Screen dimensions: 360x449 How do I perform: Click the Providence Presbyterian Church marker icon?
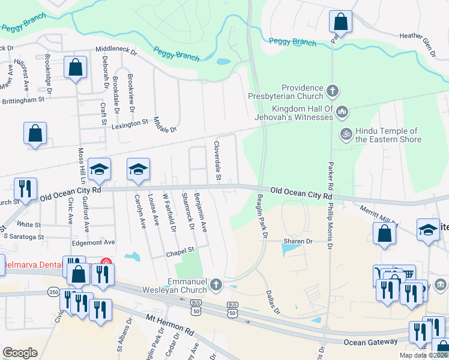333,92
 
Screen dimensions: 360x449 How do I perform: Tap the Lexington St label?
130,122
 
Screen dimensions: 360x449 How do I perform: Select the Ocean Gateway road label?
371,341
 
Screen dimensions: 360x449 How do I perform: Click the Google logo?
20,352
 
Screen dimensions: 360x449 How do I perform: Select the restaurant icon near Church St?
25,189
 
